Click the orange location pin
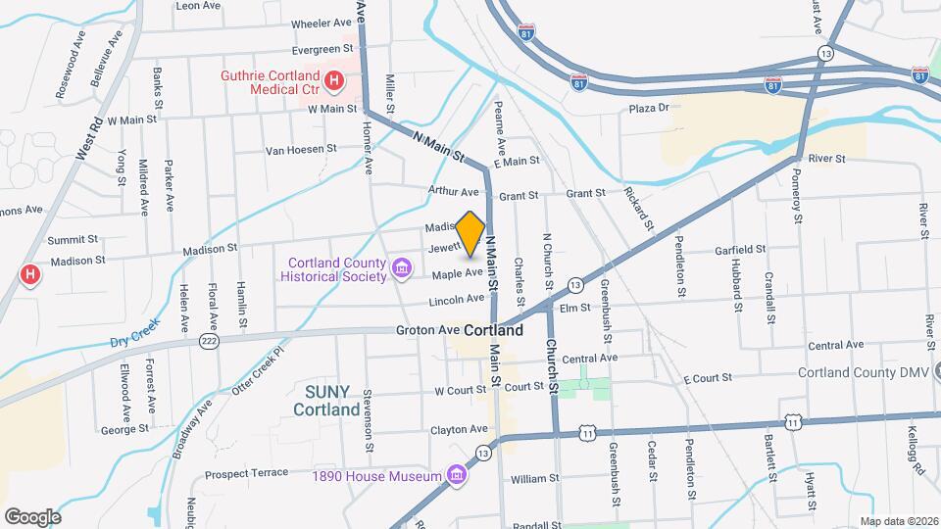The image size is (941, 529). (x=470, y=233)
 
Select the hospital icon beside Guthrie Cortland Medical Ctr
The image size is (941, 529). (x=334, y=81)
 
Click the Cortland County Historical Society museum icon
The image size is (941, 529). (x=400, y=267)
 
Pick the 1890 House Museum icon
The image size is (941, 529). (x=455, y=476)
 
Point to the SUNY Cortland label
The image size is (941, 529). (x=326, y=401)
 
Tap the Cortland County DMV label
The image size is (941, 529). (x=863, y=372)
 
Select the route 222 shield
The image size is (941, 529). (x=207, y=338)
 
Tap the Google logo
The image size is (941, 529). (x=32, y=516)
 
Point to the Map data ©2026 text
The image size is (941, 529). (x=898, y=521)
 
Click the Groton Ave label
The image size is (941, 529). (x=428, y=331)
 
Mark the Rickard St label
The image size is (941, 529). (x=642, y=206)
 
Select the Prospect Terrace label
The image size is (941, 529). (x=247, y=473)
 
